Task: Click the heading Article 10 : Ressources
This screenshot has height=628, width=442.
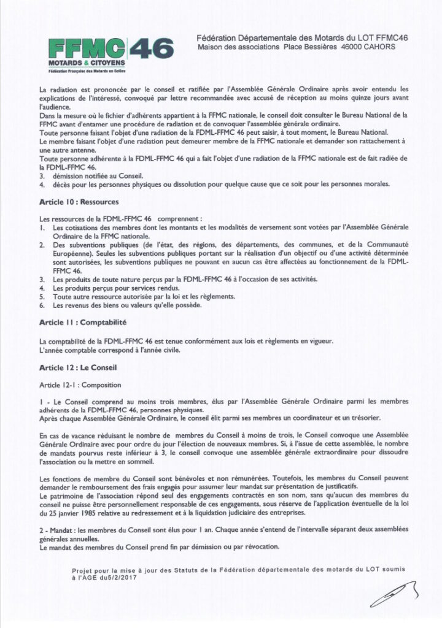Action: point(79,202)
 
